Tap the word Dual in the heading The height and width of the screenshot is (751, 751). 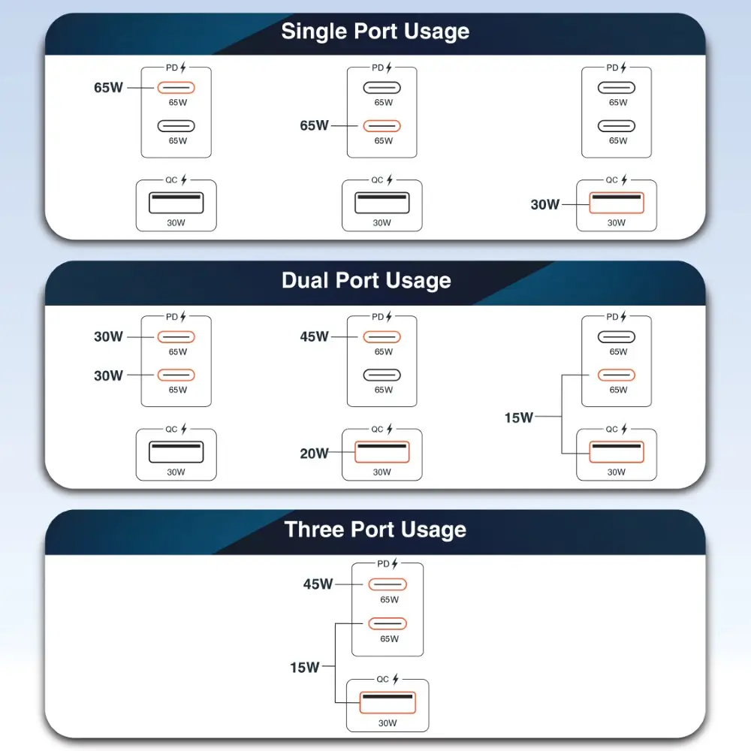click(306, 280)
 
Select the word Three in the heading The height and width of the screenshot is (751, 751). click(315, 529)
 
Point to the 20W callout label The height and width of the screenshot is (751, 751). click(314, 453)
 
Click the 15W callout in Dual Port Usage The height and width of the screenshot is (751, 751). click(518, 418)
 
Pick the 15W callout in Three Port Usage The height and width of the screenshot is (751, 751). click(305, 667)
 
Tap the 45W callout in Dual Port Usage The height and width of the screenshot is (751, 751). click(314, 337)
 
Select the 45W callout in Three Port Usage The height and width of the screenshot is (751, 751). click(318, 584)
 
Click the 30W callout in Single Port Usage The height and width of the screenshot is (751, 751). click(545, 204)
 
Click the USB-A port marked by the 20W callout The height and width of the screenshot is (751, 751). click(382, 451)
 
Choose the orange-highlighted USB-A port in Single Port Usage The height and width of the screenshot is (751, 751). click(616, 203)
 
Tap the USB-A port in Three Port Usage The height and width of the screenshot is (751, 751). click(388, 701)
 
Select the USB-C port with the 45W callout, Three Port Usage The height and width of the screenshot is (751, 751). click(388, 584)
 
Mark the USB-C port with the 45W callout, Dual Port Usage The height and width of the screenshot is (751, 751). click(382, 337)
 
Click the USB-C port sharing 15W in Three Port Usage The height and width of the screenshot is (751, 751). click(388, 623)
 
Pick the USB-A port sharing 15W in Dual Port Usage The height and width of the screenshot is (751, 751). click(616, 451)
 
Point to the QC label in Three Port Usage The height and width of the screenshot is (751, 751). click(383, 679)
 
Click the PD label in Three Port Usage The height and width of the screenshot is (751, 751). click(383, 563)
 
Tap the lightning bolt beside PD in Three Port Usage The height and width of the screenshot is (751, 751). click(395, 563)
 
